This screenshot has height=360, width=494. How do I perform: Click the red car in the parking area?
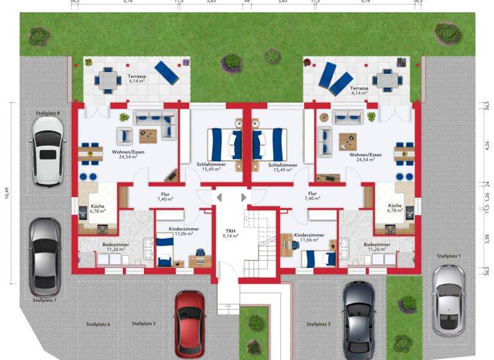point(190,325)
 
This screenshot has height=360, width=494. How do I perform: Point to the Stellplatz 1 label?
point(450,256)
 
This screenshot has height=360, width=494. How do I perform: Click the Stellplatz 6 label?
point(98,324)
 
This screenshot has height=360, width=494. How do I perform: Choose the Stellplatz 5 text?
point(144,323)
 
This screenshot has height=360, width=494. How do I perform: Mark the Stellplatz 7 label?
point(44,300)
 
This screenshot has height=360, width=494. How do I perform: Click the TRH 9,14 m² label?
point(230,233)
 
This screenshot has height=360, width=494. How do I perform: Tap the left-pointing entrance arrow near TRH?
point(219,197)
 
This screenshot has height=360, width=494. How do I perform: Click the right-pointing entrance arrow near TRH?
point(243,197)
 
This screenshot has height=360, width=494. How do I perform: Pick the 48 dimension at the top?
point(248,2)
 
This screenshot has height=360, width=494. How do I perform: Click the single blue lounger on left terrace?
point(166,73)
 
